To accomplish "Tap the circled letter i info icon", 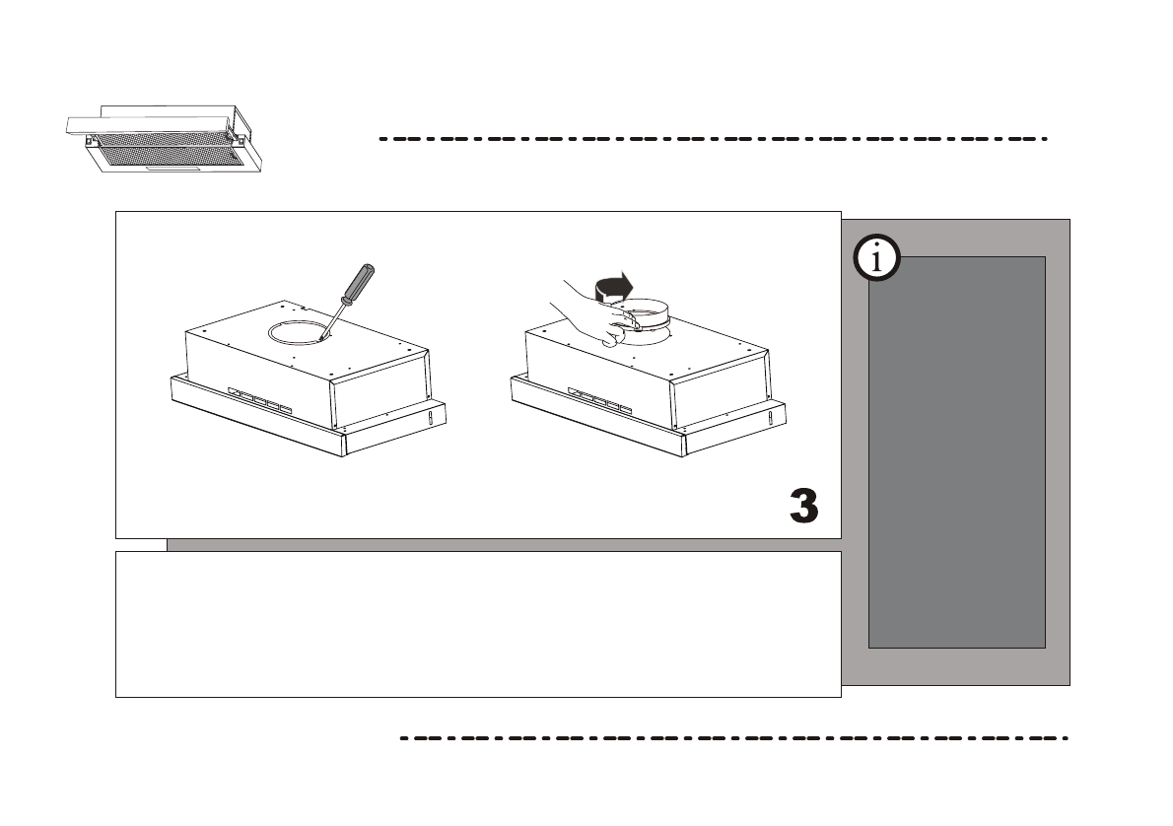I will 875,259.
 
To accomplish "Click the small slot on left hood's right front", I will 429,421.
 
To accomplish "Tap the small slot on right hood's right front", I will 769,421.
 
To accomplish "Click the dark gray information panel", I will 956,452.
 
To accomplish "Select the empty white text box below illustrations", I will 478,624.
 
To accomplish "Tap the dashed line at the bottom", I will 734,737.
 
